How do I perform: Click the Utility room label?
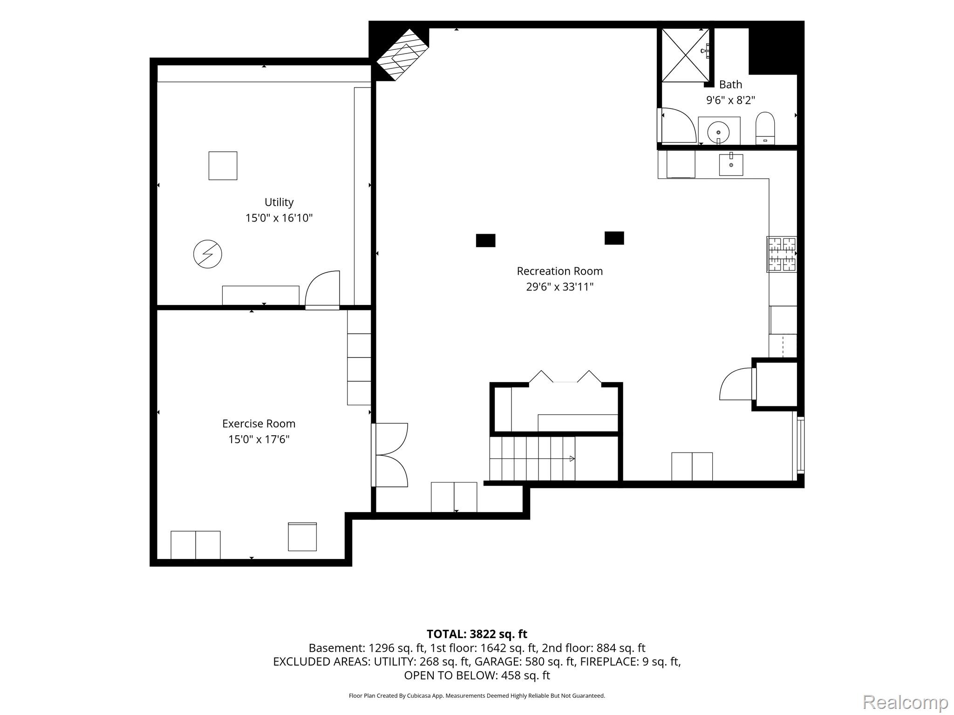pyautogui.click(x=279, y=202)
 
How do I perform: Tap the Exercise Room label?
pyautogui.click(x=259, y=424)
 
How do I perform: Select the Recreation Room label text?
pyautogui.click(x=559, y=271)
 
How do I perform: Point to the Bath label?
pyautogui.click(x=730, y=84)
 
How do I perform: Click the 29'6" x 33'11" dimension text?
pyautogui.click(x=559, y=287)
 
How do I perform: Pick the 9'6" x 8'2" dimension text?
pyautogui.click(x=730, y=100)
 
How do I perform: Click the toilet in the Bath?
pyautogui.click(x=765, y=128)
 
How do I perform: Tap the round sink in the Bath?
pyautogui.click(x=718, y=132)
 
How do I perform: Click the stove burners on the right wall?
pyautogui.click(x=782, y=254)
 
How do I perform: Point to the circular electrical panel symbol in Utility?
pyautogui.click(x=207, y=254)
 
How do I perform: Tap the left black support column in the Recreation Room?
pyautogui.click(x=485, y=240)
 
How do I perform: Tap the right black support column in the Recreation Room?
pyautogui.click(x=614, y=238)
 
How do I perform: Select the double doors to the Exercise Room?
pyautogui.click(x=390, y=455)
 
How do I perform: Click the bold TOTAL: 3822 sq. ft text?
pyautogui.click(x=477, y=634)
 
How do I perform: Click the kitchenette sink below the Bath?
pyautogui.click(x=731, y=164)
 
